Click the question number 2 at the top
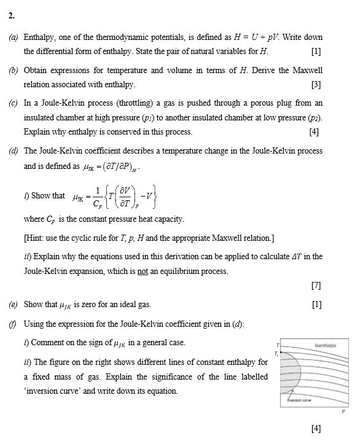11,17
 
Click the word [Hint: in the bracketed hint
35,238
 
